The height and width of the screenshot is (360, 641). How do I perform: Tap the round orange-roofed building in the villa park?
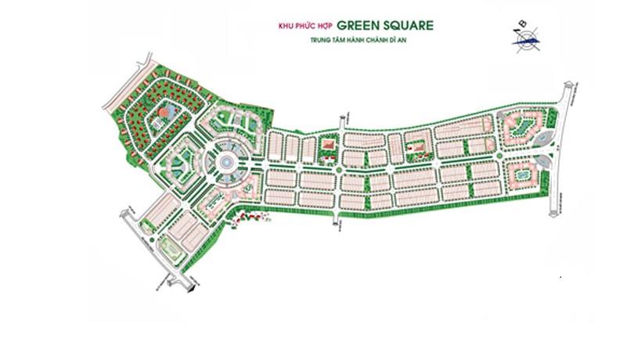point(163,113)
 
